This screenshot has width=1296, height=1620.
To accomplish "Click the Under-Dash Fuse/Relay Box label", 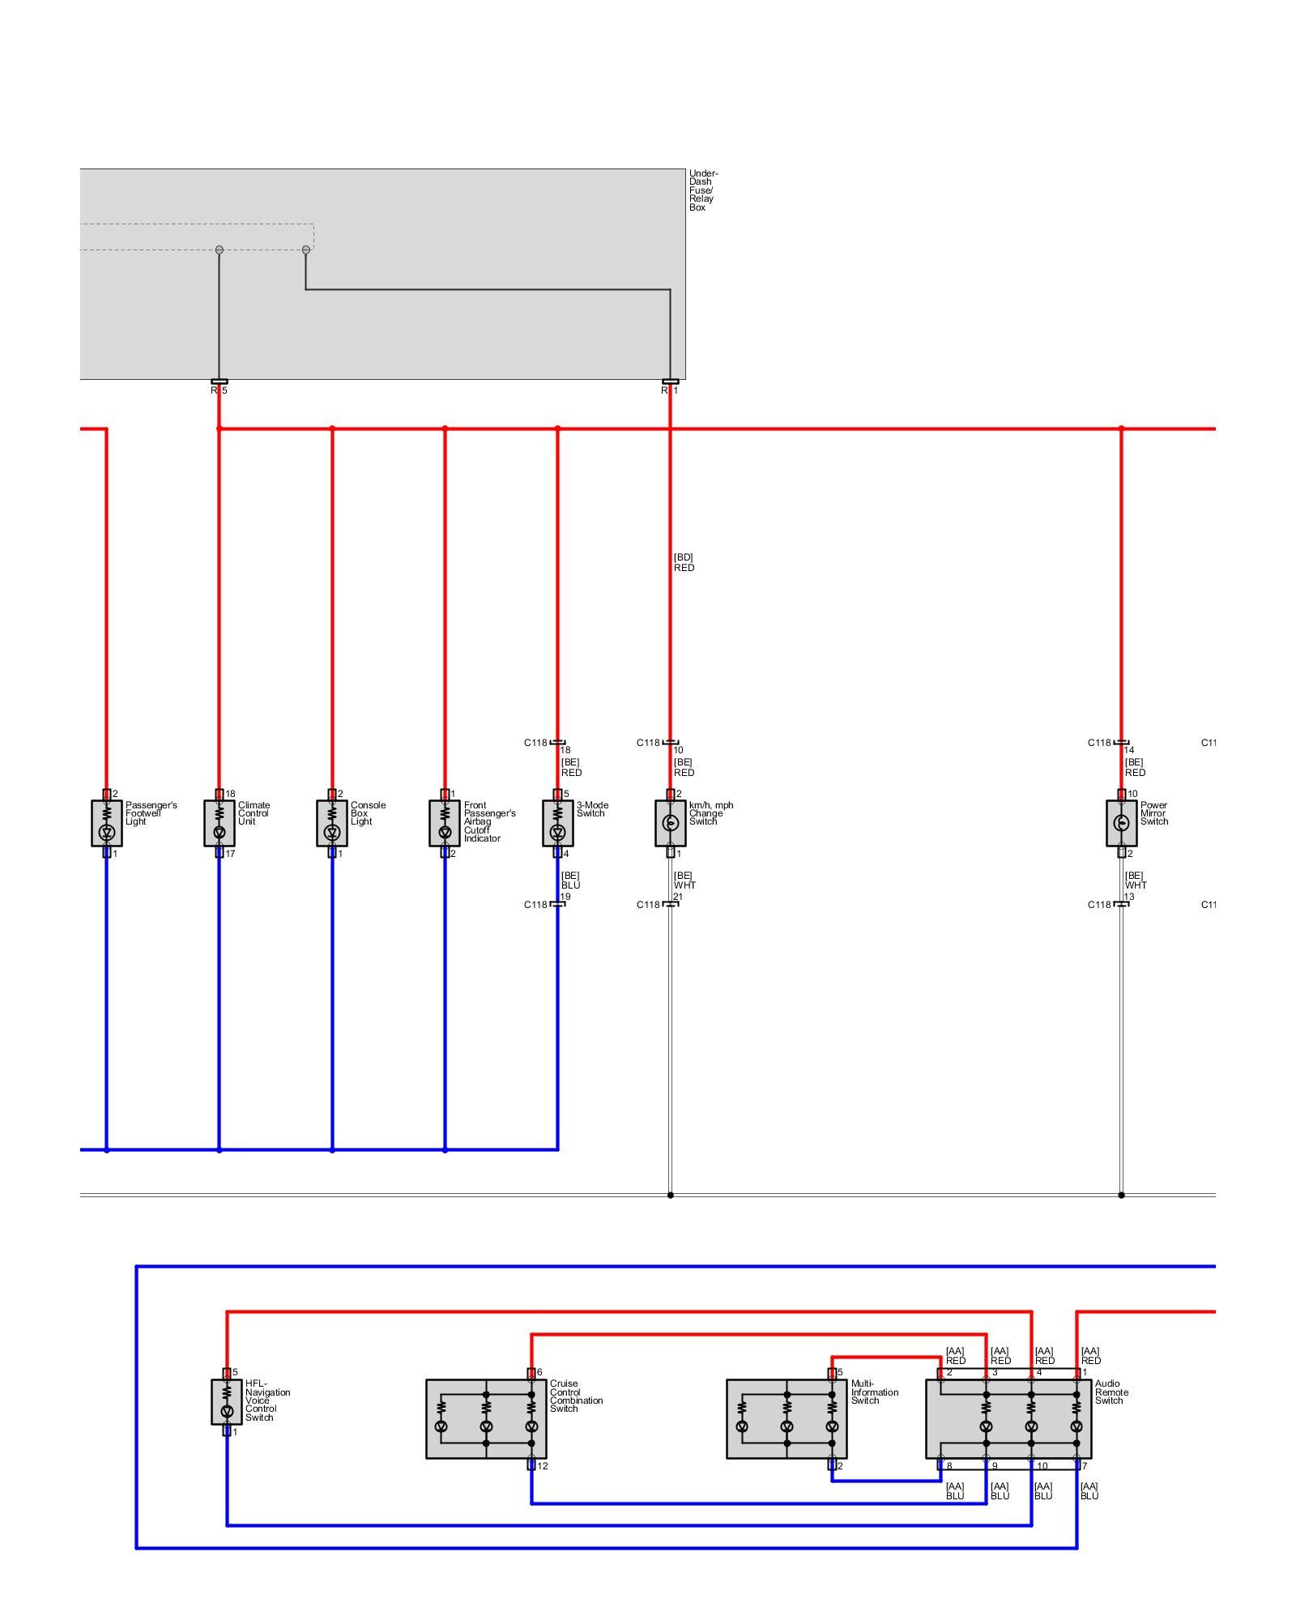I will coord(702,190).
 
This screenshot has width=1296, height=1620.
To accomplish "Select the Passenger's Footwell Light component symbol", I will coord(107,823).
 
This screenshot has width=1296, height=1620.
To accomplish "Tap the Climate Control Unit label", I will coord(254,813).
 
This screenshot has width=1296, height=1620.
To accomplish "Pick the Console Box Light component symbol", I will coord(332,823).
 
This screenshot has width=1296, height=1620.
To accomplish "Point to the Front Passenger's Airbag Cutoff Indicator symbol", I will coord(445,823).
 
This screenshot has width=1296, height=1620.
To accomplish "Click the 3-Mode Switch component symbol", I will coord(557,823).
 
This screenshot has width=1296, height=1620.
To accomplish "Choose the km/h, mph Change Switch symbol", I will coord(670,823).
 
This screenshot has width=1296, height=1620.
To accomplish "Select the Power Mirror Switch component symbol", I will coord(1121,823).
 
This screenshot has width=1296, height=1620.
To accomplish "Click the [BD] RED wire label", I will coord(684,563).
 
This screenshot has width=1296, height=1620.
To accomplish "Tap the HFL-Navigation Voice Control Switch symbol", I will coord(227,1402).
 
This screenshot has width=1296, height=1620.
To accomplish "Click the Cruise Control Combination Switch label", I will coord(576,1396).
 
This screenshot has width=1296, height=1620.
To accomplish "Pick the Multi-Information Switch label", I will coord(874,1392).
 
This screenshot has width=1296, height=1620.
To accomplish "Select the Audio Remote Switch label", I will coord(1111,1392).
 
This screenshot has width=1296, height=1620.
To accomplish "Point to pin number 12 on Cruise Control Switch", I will coord(543,1466).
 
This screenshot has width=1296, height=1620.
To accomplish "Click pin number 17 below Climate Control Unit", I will coord(230,854).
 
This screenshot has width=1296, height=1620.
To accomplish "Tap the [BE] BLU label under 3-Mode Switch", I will coord(570,880).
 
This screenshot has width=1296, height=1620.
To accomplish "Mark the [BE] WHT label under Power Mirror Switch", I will coord(1135,880).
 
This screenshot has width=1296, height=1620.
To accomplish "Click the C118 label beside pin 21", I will coord(648,905).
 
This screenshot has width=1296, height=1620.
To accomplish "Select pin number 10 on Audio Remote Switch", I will coord(1042,1466).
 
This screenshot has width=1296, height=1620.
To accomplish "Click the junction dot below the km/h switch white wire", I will coord(670,1195).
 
